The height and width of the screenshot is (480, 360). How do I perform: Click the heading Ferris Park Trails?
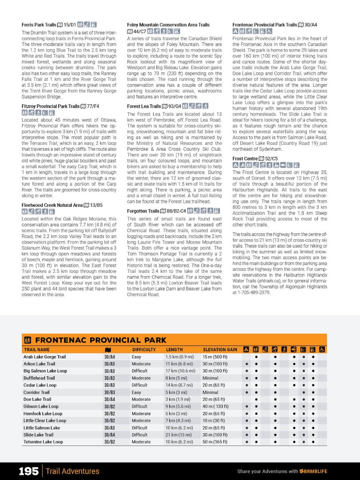39,25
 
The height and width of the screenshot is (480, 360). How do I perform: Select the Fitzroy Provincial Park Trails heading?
50,106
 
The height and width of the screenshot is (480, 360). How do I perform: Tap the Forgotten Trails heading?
143,211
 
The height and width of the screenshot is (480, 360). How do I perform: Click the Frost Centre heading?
245,159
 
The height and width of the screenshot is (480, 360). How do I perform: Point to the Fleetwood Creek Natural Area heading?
52,205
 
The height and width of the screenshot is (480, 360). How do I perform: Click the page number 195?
29,471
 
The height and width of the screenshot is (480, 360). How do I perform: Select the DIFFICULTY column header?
144,350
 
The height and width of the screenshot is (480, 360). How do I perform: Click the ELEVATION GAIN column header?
220,350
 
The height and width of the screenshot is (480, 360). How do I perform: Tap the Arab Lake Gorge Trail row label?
44,357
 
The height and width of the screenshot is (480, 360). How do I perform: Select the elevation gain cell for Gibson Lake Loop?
216,406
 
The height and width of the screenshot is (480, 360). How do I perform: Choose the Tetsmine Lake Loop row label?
43,442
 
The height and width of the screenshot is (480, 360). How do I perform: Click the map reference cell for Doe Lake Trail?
110,399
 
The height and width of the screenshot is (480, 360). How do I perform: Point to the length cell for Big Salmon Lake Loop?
180,371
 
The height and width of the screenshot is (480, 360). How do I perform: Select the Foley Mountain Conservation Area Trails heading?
168,25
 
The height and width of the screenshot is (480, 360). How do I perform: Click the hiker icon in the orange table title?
28,340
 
